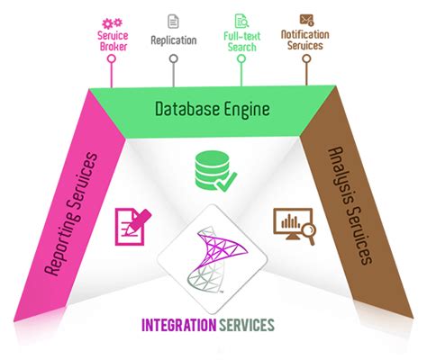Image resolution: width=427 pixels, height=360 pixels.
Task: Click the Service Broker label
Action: point(110,40)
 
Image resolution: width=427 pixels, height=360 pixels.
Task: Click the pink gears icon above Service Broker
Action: point(110,18)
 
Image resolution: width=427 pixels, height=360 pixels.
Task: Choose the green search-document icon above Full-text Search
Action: point(241,19)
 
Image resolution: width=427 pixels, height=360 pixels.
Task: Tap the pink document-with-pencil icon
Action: point(131,226)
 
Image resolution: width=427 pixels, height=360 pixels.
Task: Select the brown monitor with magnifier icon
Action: point(294,227)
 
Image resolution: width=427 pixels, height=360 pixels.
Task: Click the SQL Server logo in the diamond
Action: point(213,261)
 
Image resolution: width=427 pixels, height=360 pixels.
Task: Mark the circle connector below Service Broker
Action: point(110,59)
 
